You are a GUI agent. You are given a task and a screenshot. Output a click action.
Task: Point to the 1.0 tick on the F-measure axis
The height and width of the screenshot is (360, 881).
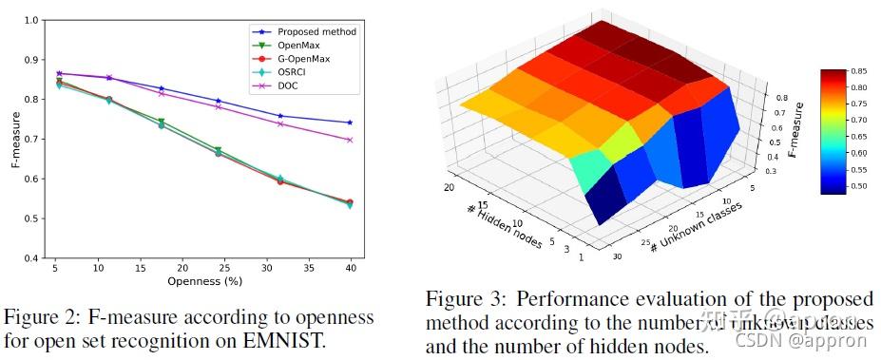[x=32, y=20]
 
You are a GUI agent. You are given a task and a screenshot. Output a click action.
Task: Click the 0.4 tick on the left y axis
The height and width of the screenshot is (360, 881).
[x=32, y=258]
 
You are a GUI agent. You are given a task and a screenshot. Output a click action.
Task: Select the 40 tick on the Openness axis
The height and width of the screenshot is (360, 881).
[x=351, y=269]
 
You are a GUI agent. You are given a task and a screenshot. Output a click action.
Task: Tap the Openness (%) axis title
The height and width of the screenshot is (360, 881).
[x=201, y=282]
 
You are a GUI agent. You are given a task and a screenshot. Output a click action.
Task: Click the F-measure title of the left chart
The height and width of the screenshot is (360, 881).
[x=14, y=140]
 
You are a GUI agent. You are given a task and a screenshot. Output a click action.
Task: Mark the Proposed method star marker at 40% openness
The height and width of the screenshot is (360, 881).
[x=350, y=123]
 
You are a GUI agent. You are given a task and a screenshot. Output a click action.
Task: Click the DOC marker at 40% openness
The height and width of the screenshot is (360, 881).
[x=350, y=140]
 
